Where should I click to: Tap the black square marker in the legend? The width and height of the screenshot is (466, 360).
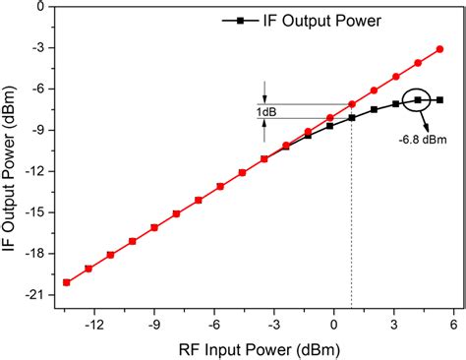click(x=237, y=20)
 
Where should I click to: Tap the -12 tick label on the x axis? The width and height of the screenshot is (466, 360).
click(x=94, y=320)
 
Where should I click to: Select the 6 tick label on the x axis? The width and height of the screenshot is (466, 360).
click(x=454, y=320)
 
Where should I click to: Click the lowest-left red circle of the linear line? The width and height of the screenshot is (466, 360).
click(x=66, y=282)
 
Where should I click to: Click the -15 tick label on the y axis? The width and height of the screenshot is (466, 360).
click(x=36, y=212)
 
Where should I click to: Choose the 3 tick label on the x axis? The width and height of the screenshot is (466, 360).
click(x=394, y=320)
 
